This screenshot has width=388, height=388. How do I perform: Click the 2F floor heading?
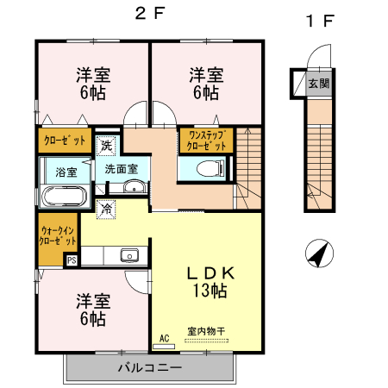point(147,14)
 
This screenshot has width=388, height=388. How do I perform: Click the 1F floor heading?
point(318,22)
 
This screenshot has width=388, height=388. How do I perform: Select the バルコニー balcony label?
point(149,368)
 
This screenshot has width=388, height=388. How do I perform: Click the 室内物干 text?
point(206,330)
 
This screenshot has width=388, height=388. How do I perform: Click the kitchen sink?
point(130,254)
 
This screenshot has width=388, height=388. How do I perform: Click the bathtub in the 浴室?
point(62,196)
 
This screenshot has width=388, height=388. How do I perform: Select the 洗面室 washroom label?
point(121,169)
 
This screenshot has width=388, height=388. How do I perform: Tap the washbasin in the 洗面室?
point(132,190)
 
